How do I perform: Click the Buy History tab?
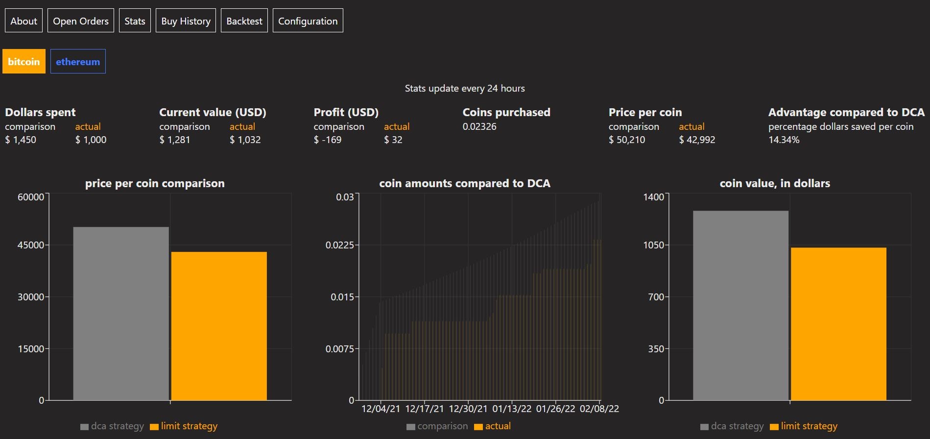tap(186, 21)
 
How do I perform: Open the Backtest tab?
tap(244, 21)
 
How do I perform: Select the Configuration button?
tap(308, 21)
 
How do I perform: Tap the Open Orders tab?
tap(81, 21)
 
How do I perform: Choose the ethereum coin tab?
tap(78, 62)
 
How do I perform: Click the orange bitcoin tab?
tap(24, 62)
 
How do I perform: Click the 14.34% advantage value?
tap(784, 140)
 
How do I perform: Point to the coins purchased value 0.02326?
tap(479, 127)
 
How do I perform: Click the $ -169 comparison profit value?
tap(328, 140)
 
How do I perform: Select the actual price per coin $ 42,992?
tap(697, 140)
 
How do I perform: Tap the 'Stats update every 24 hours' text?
tap(464, 89)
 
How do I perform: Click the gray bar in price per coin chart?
tap(121, 314)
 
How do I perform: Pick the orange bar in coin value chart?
tap(838, 323)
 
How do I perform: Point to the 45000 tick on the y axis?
tap(31, 245)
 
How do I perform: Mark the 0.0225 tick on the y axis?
tap(339, 245)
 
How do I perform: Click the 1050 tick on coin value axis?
tap(654, 245)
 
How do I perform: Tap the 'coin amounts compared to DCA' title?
tap(464, 184)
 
